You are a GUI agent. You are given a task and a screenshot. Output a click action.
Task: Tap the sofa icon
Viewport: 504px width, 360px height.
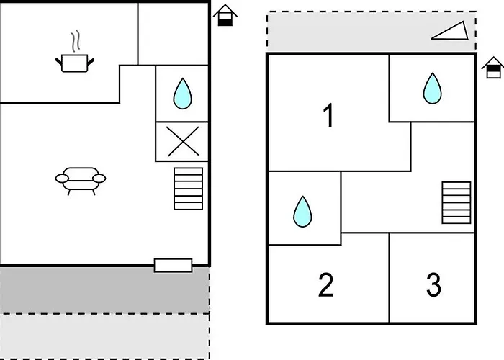pyautogui.click(x=80, y=179)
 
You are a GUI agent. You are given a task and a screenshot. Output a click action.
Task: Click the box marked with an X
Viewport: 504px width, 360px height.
pyautogui.click(x=183, y=141)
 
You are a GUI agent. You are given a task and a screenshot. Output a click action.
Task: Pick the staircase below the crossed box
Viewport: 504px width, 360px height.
pyautogui.click(x=188, y=189)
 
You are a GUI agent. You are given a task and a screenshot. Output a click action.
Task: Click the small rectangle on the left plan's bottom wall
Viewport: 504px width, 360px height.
pyautogui.click(x=174, y=265)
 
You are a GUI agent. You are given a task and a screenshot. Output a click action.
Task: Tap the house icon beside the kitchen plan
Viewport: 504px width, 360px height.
pyautogui.click(x=225, y=15)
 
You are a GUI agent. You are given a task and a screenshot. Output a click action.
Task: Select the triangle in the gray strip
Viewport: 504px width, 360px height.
pyautogui.click(x=449, y=30)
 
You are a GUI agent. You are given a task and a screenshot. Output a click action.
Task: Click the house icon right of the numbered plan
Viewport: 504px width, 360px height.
pyautogui.click(x=492, y=68)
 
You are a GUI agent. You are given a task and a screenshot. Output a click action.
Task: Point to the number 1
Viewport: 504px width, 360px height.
pyautogui.click(x=328, y=116)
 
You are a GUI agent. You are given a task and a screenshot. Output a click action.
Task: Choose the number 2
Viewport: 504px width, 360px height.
pyautogui.click(x=326, y=285)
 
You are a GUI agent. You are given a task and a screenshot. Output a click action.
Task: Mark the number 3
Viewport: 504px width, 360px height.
pyautogui.click(x=433, y=285)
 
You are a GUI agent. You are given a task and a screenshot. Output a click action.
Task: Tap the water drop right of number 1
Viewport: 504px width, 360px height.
pyautogui.click(x=432, y=88)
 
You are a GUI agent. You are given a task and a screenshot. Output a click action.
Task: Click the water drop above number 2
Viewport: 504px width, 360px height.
pyautogui.click(x=303, y=211)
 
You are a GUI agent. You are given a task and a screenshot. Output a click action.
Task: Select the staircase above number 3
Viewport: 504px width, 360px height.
pyautogui.click(x=456, y=202)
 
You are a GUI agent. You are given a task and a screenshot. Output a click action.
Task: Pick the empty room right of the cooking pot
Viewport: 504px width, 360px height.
pyautogui.click(x=173, y=32)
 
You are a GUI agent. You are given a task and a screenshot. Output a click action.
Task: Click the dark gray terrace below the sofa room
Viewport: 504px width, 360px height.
pyautogui.click(x=104, y=289)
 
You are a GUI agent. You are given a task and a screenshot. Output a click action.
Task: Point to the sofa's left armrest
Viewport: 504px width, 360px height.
pyautogui.click(x=60, y=178)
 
